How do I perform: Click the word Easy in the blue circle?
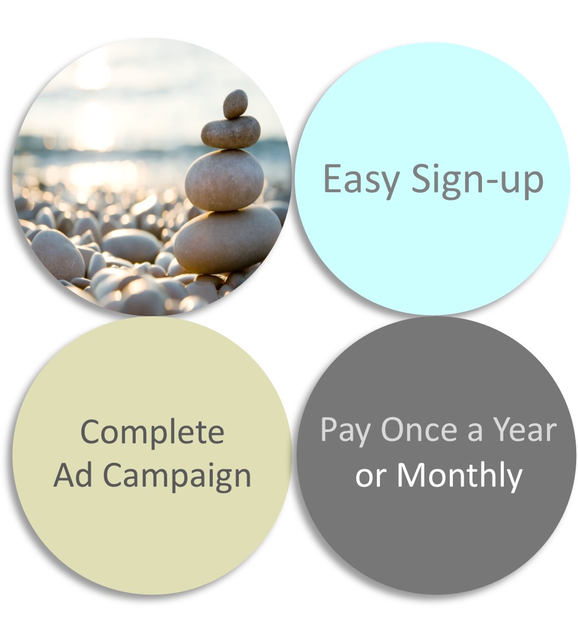(360, 180)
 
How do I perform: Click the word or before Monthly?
(372, 478)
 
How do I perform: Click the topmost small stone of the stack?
(235, 104)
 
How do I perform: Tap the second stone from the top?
(231, 133)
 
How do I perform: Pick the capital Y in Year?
(503, 430)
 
